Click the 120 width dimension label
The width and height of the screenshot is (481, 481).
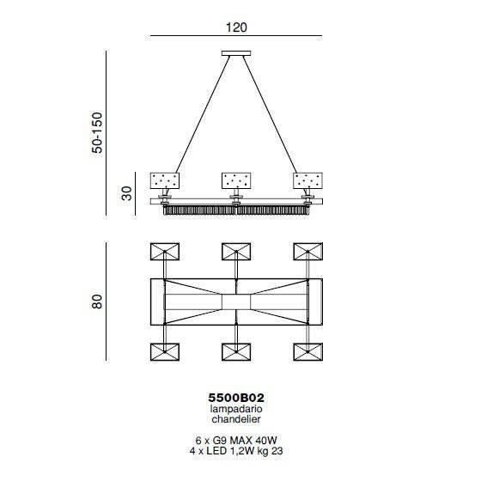tap(236, 27)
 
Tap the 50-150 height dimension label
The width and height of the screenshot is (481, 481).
tap(97, 133)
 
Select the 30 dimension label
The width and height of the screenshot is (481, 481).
tap(126, 193)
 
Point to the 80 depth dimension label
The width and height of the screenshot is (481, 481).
tap(96, 301)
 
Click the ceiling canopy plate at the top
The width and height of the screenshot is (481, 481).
tap(236, 53)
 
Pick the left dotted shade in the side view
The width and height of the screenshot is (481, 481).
tap(165, 180)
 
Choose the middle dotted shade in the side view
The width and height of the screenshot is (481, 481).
tap(236, 180)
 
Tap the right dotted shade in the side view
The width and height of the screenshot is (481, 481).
tap(307, 180)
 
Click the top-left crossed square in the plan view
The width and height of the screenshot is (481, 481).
tap(165, 252)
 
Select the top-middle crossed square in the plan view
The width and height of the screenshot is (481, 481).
tap(236, 252)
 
